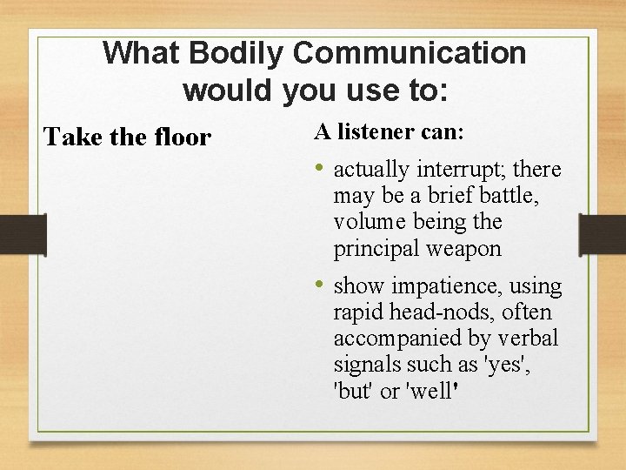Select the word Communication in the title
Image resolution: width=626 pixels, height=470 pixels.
pos(410,53)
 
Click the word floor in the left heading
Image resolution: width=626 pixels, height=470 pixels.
pos(180,138)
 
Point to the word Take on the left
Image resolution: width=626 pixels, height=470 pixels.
pos(67,138)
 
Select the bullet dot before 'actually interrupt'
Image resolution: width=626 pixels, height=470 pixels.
pos(320,168)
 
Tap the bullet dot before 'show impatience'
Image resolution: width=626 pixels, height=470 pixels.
pos(320,285)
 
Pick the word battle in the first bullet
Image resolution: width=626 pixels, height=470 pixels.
pos(503,196)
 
